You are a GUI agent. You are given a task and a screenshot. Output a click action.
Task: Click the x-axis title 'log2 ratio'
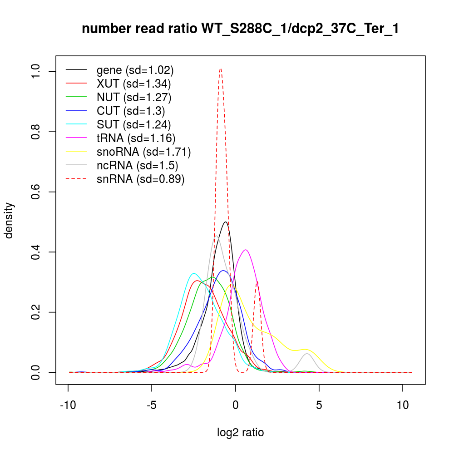point(240,433)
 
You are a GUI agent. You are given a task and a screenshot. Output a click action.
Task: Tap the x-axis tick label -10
point(68,405)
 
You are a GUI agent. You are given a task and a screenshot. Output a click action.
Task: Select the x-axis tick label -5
point(152,405)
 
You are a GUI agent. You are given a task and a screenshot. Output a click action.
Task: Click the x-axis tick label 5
point(319,405)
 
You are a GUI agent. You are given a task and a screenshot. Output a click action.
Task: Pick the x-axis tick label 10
point(403,405)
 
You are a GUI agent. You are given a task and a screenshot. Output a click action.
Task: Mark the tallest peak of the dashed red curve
point(221,69)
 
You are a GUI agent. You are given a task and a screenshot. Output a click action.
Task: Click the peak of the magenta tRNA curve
point(246,250)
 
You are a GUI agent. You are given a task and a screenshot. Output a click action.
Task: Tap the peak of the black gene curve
point(226,222)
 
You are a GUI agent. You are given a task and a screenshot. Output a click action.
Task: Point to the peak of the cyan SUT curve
point(194,273)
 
